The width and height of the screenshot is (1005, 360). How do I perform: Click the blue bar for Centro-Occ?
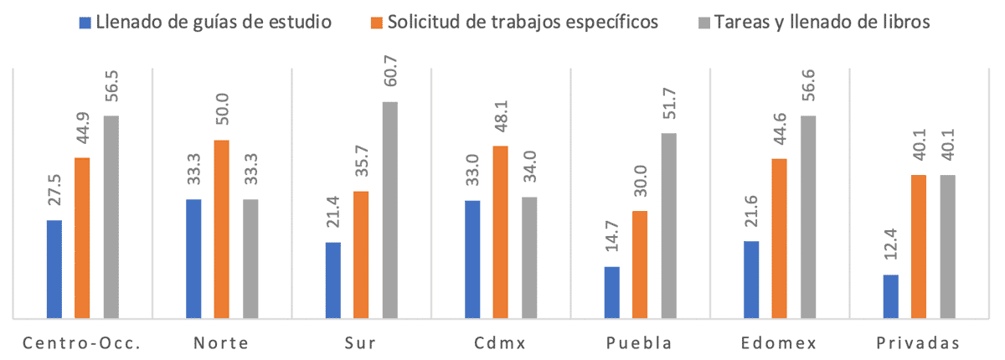pyautogui.click(x=54, y=269)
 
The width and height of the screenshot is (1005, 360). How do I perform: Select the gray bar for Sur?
pyautogui.click(x=389, y=209)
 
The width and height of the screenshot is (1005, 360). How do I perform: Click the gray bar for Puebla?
pyautogui.click(x=667, y=225)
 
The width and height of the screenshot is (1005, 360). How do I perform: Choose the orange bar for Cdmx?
pyautogui.click(x=501, y=232)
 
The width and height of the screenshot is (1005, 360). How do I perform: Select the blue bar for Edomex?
pyautogui.click(x=751, y=280)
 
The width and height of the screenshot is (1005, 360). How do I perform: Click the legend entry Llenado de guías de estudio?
pyautogui.click(x=213, y=23)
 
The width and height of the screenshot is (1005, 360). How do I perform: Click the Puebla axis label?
pyautogui.click(x=640, y=343)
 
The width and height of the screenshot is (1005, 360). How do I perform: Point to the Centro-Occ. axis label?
pyautogui.click(x=83, y=343)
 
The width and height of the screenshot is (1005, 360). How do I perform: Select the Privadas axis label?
pyautogui.click(x=919, y=343)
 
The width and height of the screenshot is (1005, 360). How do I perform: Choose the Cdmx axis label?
pyautogui.click(x=501, y=343)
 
